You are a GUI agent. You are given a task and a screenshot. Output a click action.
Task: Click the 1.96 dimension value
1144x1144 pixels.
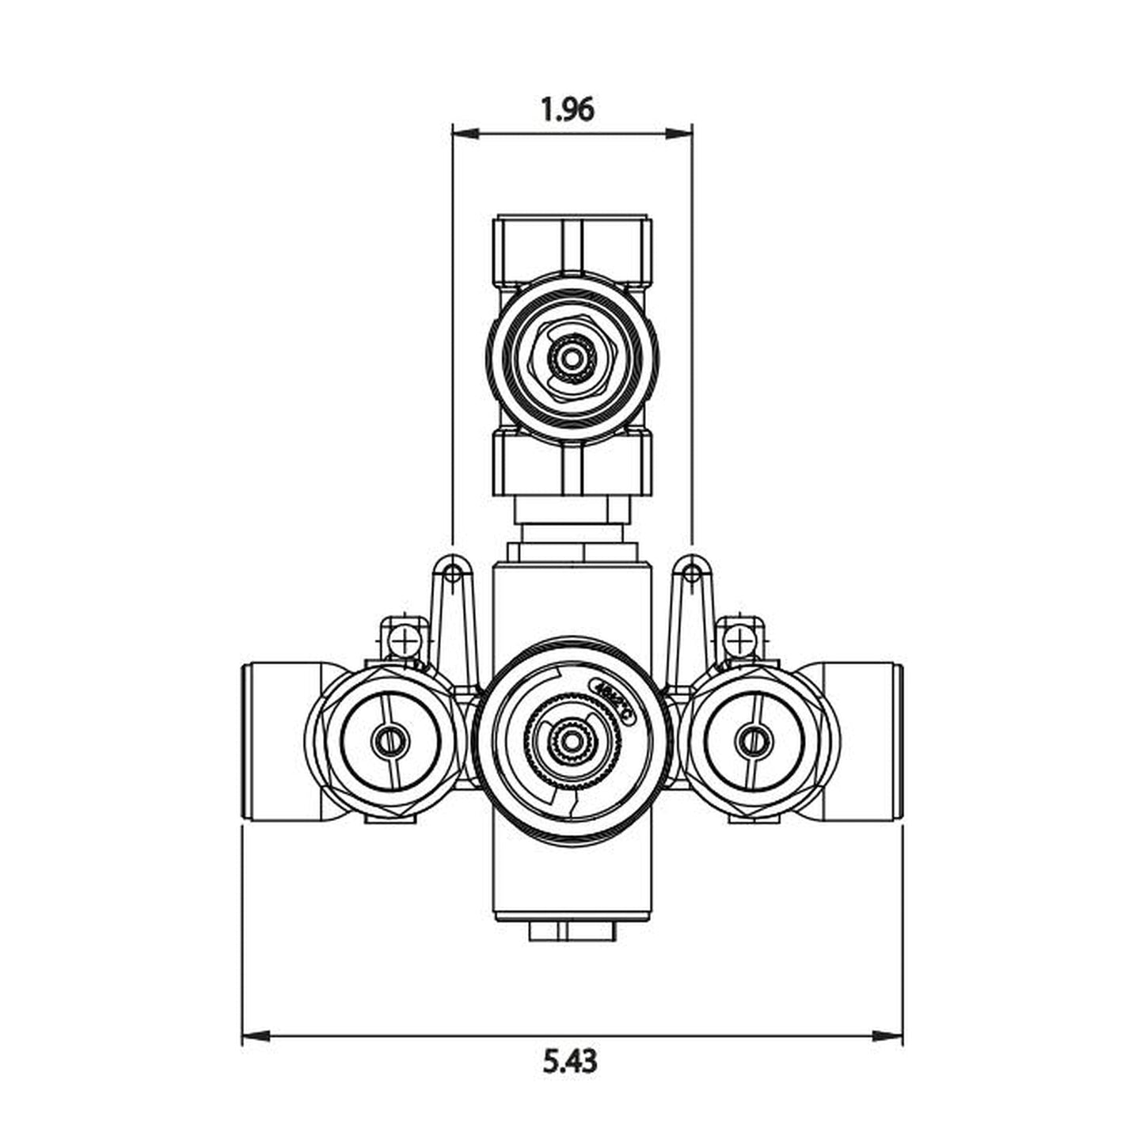coord(567,109)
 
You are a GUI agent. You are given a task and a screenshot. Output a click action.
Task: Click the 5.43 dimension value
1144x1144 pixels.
coord(570,1061)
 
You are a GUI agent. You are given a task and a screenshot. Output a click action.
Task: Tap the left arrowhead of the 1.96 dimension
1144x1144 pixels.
coord(466,134)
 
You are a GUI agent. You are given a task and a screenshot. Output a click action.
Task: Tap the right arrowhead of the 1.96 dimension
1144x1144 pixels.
coord(678,134)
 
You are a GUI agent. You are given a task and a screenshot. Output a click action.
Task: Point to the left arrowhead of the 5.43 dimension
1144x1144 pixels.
coord(256,1036)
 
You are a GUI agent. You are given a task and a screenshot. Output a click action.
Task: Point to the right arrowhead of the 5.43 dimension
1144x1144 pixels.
coord(887,1036)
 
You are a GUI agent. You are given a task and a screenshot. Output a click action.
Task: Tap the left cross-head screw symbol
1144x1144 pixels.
coord(405,639)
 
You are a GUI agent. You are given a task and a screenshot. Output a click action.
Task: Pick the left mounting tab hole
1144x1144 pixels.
coord(452,572)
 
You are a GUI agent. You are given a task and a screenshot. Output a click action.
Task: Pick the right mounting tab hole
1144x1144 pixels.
coord(691,572)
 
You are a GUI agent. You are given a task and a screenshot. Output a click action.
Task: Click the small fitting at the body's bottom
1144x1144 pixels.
coord(572,931)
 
